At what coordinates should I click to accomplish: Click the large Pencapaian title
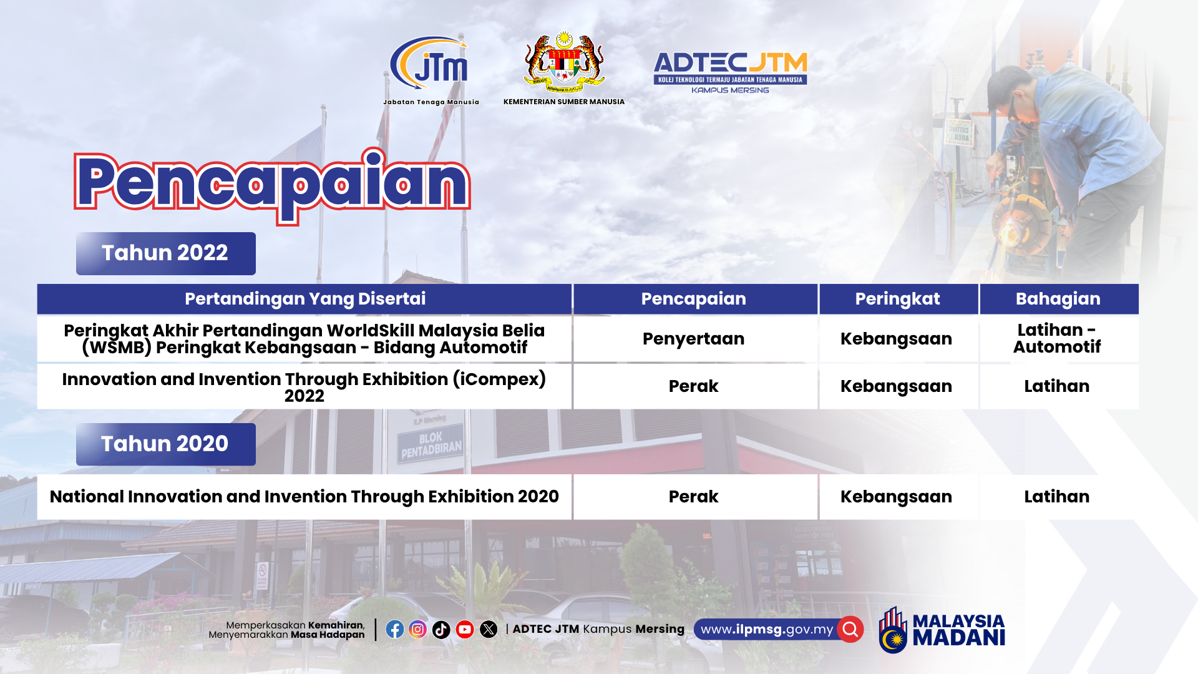[272, 185]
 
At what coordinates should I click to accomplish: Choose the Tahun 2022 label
[166, 253]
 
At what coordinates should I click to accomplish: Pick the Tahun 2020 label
[166, 444]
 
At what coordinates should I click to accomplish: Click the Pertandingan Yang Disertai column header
[304, 299]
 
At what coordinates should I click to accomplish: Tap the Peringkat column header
[898, 299]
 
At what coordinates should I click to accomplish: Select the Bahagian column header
[1059, 299]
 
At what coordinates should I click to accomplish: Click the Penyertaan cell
[694, 339]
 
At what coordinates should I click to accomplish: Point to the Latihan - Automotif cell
[1059, 339]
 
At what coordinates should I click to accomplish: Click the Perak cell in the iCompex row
[694, 386]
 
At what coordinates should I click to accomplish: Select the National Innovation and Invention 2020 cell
[304, 497]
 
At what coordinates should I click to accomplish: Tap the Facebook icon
[394, 629]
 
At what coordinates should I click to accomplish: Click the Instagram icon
[418, 629]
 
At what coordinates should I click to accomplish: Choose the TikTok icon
[441, 630]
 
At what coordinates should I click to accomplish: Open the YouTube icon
[465, 630]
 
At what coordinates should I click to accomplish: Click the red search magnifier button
[850, 629]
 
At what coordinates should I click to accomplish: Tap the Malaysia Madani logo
[942, 630]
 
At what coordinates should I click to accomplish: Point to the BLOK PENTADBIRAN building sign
[431, 444]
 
